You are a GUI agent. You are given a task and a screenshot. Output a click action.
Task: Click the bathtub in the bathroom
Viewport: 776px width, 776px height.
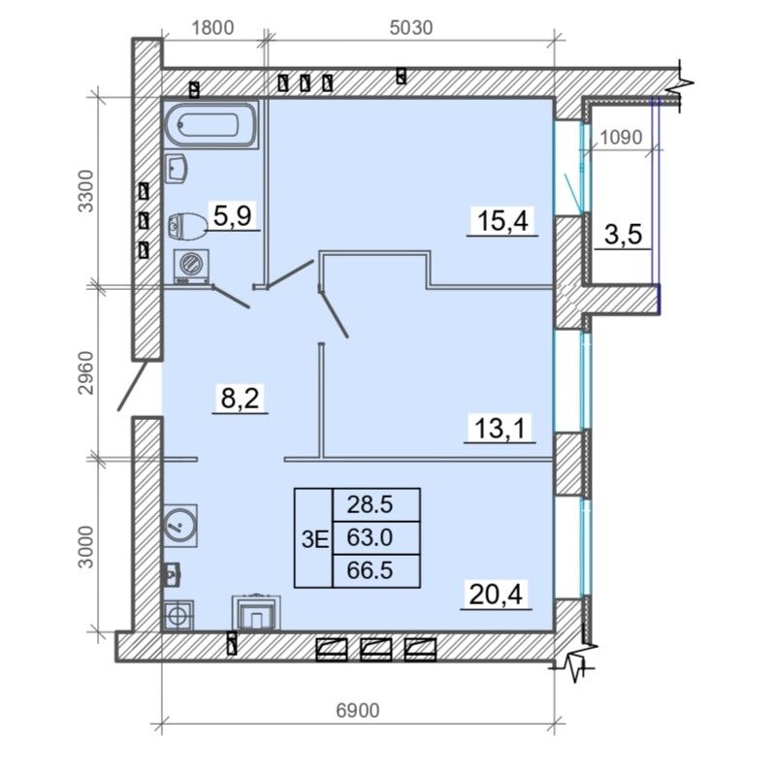point(211,125)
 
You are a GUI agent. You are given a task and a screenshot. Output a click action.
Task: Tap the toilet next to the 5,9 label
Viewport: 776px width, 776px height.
point(186,226)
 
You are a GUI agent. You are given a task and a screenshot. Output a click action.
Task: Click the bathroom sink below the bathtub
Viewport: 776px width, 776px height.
point(176,168)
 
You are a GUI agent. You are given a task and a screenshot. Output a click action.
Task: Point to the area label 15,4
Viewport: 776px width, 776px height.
point(502,220)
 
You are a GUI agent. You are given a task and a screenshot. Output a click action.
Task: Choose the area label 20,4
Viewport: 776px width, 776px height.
point(496,594)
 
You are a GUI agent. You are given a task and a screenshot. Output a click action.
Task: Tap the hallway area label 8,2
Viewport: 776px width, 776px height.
point(240,398)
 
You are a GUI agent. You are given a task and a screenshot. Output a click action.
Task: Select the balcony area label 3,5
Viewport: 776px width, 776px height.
point(623,234)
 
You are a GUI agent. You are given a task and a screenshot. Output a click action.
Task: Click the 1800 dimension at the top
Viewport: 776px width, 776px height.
point(212,28)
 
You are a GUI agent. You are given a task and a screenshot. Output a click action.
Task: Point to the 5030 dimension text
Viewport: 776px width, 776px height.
point(411,28)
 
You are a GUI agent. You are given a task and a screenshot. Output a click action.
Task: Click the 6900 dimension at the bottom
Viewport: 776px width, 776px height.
point(358,711)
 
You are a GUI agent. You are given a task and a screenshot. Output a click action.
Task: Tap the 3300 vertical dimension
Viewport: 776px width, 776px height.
point(86,191)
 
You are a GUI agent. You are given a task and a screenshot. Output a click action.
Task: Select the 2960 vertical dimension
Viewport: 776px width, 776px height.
point(86,372)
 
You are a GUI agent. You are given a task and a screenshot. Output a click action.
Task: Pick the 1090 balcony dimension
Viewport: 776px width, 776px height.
point(621,137)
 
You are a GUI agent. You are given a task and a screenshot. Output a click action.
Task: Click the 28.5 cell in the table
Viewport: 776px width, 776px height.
point(371,504)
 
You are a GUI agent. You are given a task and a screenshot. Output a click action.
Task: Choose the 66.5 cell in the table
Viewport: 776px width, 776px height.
point(371,570)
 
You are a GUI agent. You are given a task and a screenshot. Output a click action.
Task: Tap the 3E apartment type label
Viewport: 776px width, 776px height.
point(315,539)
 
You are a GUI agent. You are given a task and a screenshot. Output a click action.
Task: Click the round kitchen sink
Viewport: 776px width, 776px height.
point(180,525)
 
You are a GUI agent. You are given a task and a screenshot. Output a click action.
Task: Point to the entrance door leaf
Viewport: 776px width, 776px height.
point(133,386)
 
